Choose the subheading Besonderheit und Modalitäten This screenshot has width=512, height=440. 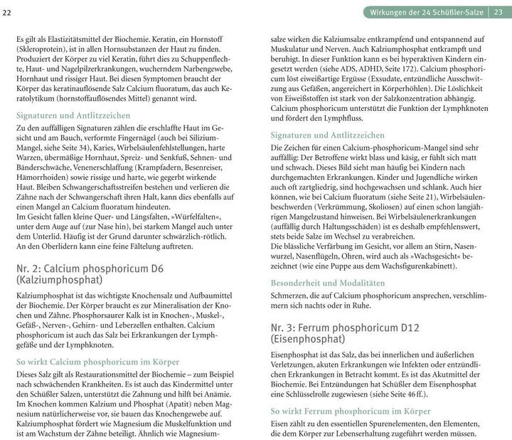328,283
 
